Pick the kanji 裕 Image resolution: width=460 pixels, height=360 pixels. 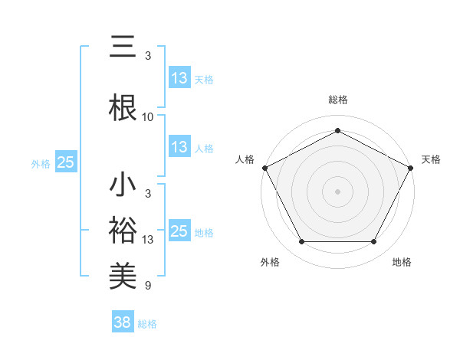click(x=123, y=229)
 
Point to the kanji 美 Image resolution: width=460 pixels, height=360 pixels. click(x=123, y=273)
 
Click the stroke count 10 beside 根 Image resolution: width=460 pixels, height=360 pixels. click(x=148, y=116)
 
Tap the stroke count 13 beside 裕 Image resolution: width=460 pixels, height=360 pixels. click(x=148, y=240)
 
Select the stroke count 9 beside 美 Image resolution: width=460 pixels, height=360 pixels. click(x=148, y=286)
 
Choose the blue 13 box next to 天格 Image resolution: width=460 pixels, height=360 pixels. click(x=179, y=78)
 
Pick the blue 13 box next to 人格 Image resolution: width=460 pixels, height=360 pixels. click(x=179, y=148)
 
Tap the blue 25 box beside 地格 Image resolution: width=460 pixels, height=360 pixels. click(x=179, y=231)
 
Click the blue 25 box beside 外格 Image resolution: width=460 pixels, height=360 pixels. click(x=66, y=162)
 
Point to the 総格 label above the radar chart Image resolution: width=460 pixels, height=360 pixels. click(x=338, y=100)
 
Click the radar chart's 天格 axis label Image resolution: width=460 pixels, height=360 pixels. click(x=431, y=159)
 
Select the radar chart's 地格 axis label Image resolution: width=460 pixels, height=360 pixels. click(x=402, y=262)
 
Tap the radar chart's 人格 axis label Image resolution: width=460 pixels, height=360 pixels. click(x=245, y=159)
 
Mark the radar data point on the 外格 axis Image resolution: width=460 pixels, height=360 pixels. click(x=301, y=242)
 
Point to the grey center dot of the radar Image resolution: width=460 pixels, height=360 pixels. click(x=338, y=191)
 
